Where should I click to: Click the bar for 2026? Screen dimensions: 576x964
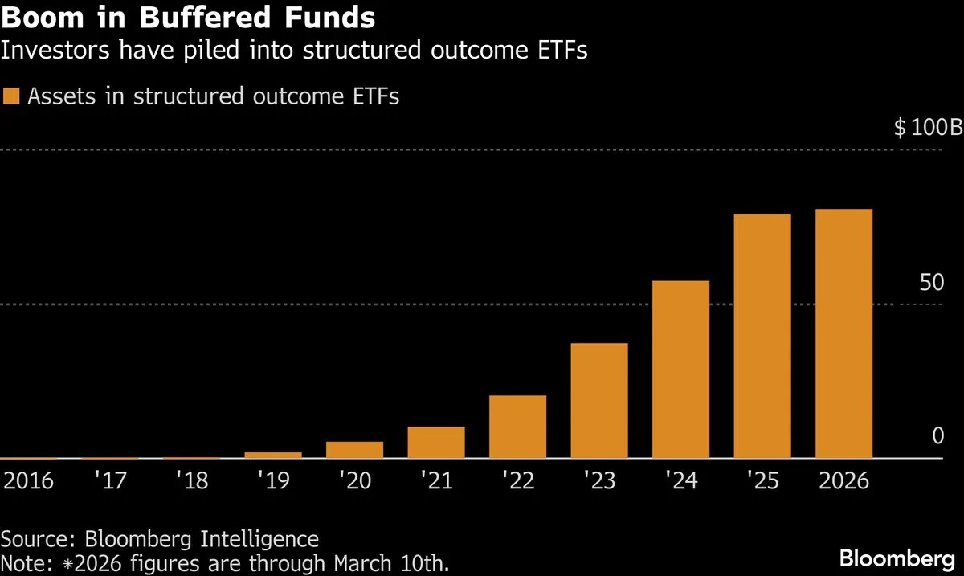843,333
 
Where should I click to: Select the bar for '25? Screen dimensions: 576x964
762,336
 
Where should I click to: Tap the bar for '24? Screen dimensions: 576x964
680,370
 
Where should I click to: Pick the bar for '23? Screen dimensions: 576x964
599,400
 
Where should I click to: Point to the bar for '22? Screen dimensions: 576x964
517,427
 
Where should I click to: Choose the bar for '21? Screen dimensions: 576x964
436,442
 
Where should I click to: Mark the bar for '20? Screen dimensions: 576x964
354,450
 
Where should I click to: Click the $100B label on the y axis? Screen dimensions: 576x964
927,128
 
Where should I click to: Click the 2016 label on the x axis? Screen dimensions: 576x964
29,481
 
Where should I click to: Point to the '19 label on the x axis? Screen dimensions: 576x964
273,481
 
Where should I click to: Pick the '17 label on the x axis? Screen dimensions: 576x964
110,481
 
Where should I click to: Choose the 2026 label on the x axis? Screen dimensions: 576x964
843,481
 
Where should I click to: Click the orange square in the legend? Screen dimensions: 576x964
12,96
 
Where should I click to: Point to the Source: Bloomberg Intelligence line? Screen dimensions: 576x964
160,538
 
